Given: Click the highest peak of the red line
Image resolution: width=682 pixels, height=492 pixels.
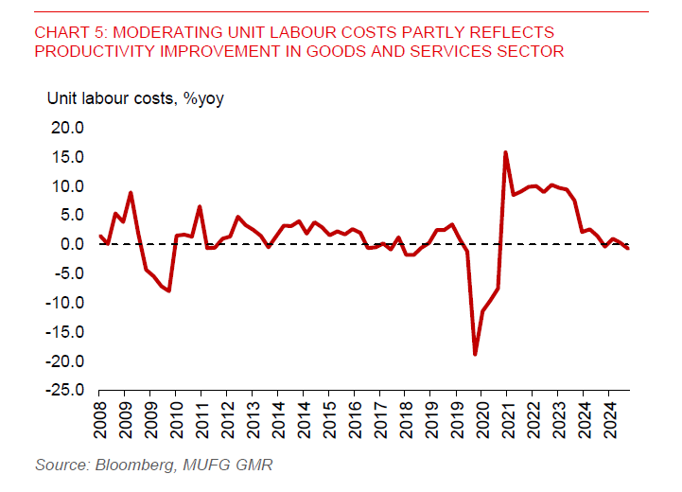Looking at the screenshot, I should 506,152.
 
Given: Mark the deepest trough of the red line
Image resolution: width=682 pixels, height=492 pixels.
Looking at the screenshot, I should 475,354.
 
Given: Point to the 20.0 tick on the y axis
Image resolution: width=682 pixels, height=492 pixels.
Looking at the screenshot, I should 66,128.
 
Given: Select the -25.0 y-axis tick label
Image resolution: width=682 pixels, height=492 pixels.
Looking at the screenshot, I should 63,391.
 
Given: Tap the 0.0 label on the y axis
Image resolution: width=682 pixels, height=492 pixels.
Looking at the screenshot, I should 71,244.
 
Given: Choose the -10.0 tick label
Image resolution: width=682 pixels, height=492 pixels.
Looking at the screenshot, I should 63,303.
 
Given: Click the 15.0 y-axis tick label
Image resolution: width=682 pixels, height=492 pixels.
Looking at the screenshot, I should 66,157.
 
